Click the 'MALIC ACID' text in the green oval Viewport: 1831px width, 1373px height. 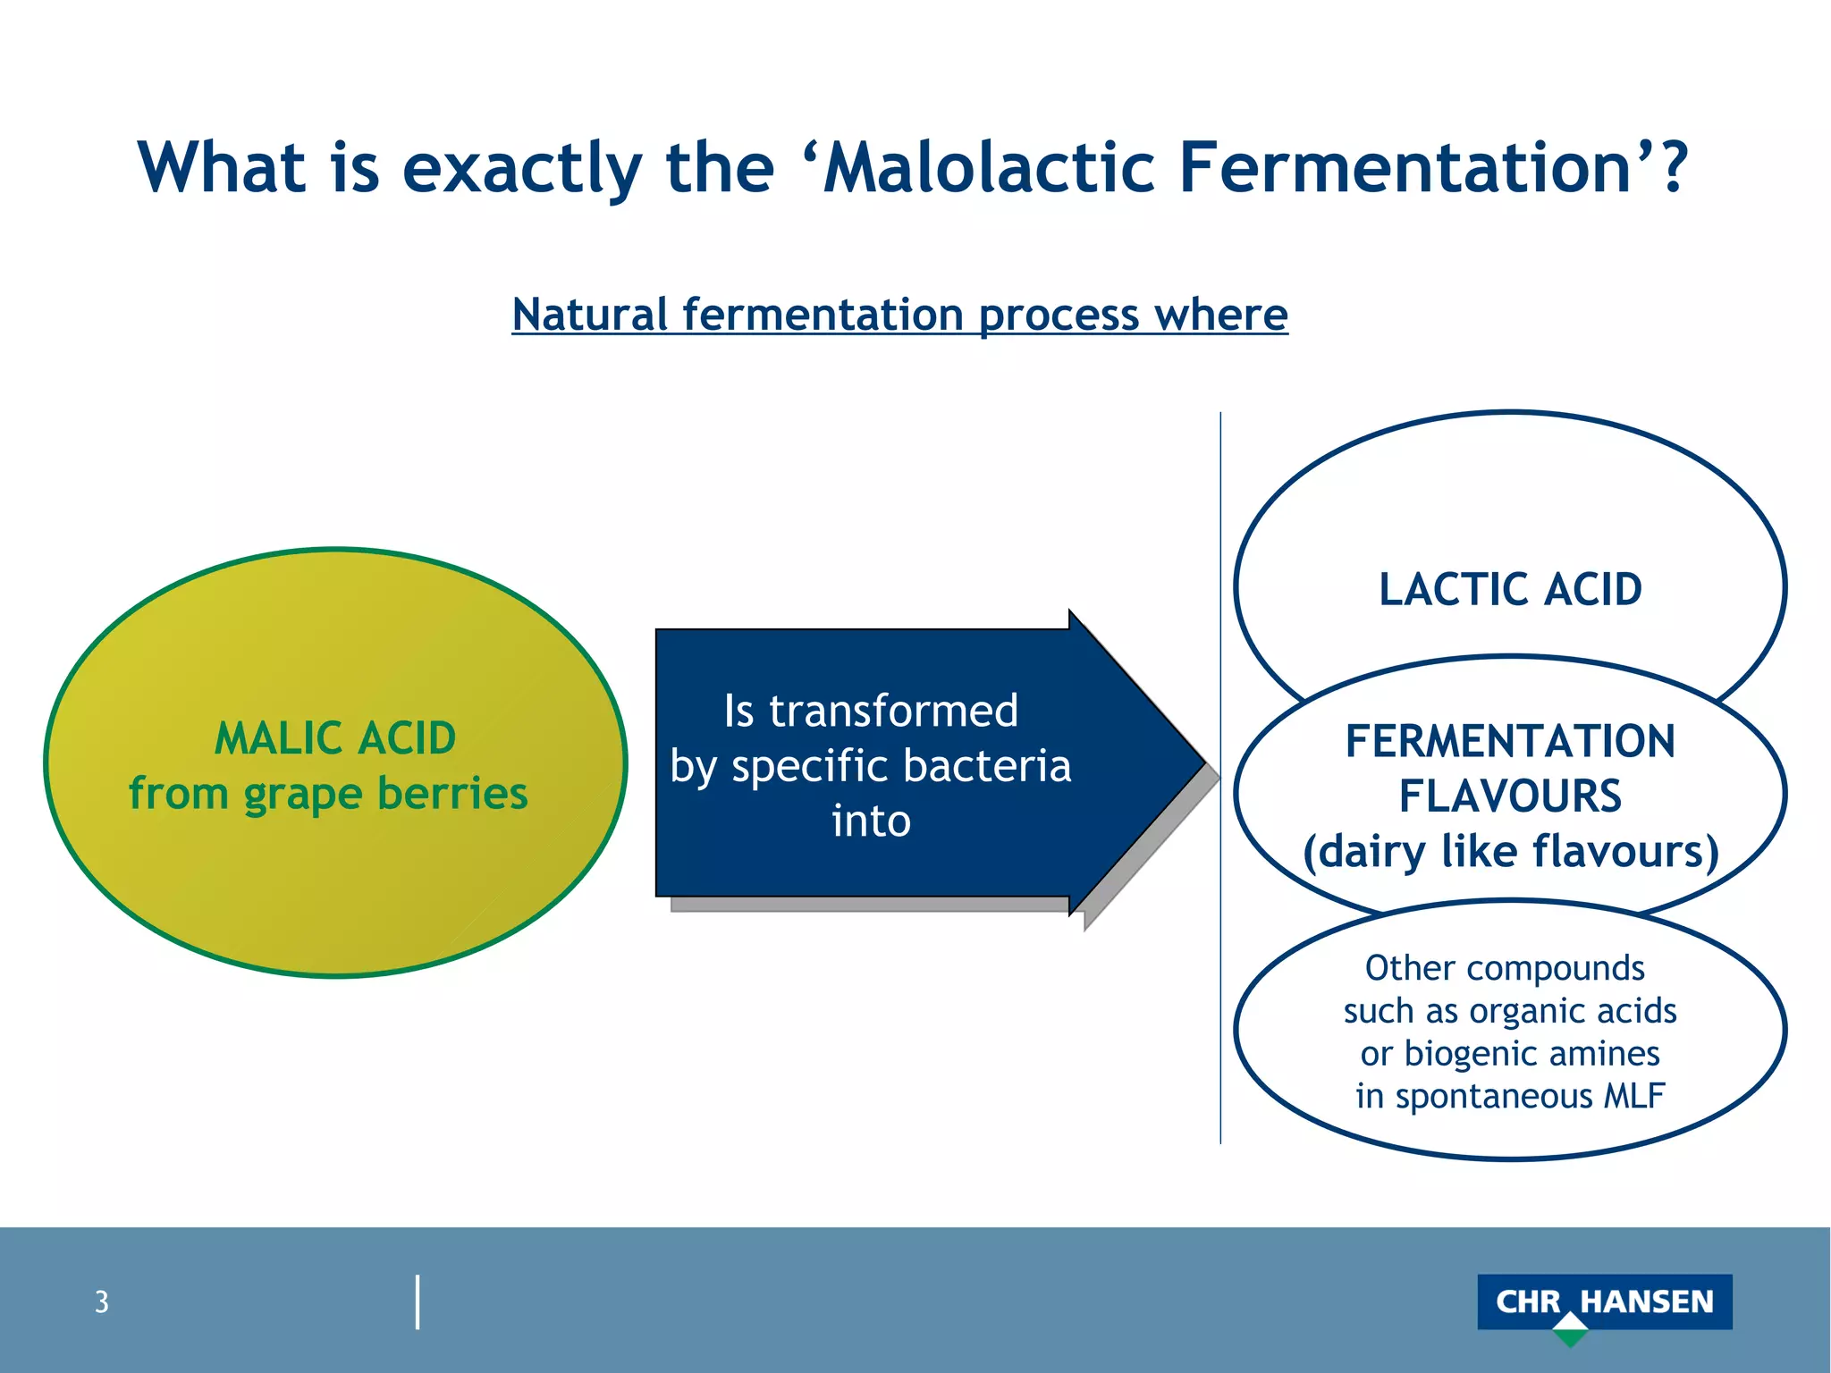[335, 739]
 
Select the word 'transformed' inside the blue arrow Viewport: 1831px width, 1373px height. [893, 712]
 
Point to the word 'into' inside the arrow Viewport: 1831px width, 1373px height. [871, 821]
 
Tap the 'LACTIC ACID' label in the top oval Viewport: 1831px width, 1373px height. [1510, 590]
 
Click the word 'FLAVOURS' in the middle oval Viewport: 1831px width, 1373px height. [1510, 796]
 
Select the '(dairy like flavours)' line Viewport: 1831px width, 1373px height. [1510, 852]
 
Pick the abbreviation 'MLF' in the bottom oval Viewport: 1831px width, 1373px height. [1633, 1097]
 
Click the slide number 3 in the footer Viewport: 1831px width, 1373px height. [102, 1302]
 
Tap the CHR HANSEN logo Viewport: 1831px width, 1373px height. [1604, 1301]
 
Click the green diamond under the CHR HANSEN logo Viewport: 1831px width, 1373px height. [1570, 1331]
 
